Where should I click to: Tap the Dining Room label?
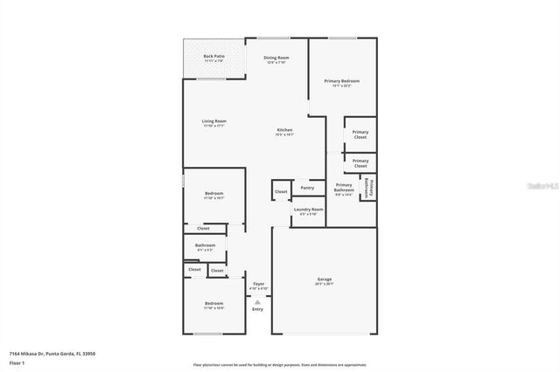click(x=276, y=59)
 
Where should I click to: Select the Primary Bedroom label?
click(x=341, y=82)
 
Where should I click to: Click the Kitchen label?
click(x=285, y=132)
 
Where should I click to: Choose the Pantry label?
click(x=307, y=188)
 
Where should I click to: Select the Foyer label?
click(x=258, y=285)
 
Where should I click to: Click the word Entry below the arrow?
click(x=257, y=309)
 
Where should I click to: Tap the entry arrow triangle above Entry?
click(x=257, y=300)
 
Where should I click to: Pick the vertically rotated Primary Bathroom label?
click(x=370, y=188)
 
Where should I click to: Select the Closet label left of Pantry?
click(x=281, y=191)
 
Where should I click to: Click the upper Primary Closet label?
click(x=360, y=134)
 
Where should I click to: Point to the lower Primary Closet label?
click(x=360, y=162)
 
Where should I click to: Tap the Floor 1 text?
click(x=17, y=362)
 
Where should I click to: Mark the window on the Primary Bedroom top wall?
click(x=342, y=38)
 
